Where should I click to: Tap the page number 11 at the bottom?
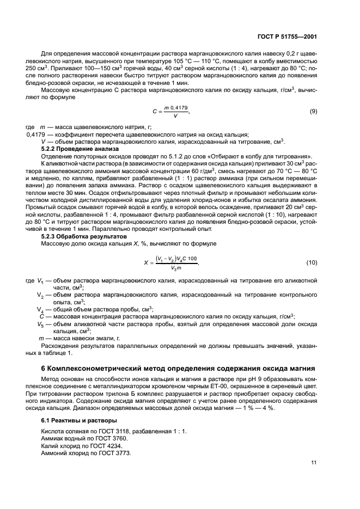[x=314, y=463]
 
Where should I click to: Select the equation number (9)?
[x=313, y=111]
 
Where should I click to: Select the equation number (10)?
[x=312, y=262]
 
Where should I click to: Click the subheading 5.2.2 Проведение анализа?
[x=76, y=149]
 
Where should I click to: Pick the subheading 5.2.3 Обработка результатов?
[x=78, y=236]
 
